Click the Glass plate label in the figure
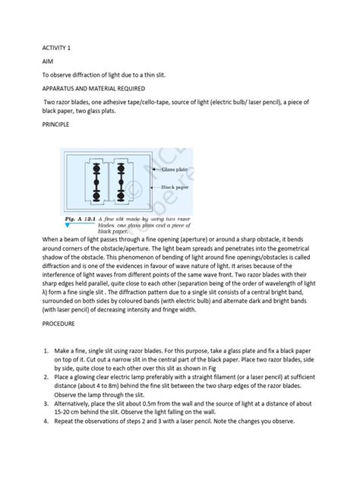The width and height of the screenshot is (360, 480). (173, 172)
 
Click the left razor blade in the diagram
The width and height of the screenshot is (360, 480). (97, 183)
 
